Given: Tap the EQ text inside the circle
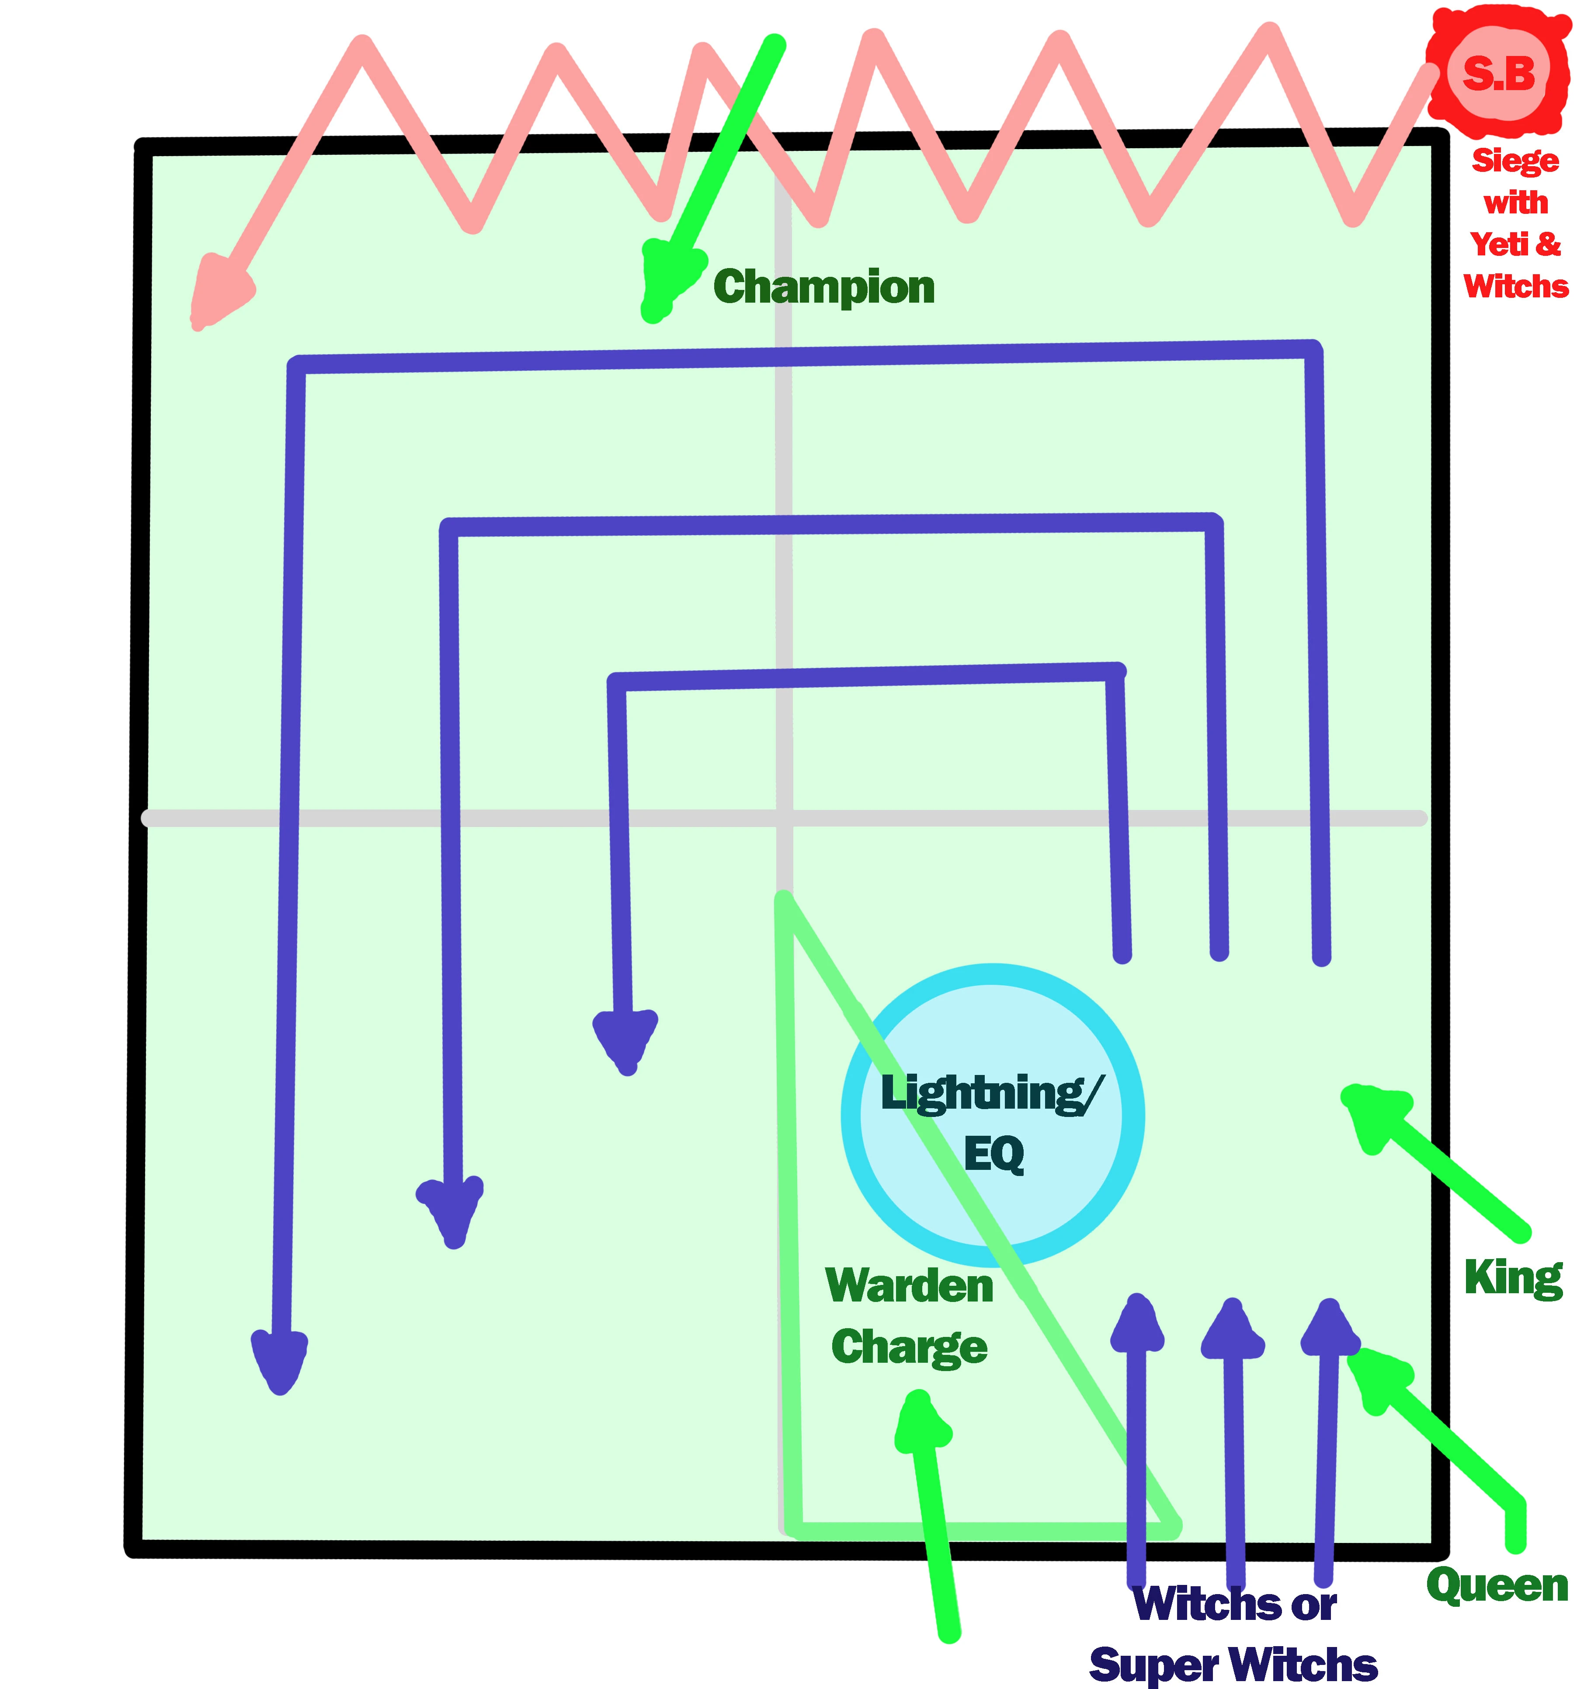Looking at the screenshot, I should coord(994,1154).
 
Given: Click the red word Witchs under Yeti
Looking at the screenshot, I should coord(1516,286).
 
